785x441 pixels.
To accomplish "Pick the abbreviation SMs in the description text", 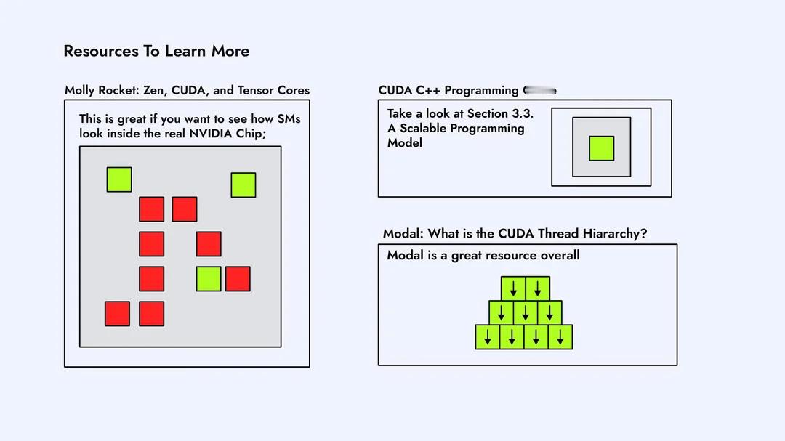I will point(289,119).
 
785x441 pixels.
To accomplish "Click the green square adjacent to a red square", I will point(209,279).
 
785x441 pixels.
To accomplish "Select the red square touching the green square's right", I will point(238,279).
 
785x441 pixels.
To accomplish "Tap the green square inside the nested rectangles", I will point(601,148).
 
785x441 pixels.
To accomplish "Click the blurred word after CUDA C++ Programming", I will point(539,91).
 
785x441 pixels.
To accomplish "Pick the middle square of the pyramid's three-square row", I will point(525,312).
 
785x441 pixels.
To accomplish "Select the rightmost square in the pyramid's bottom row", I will point(560,337).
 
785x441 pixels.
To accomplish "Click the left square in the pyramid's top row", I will point(513,288).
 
